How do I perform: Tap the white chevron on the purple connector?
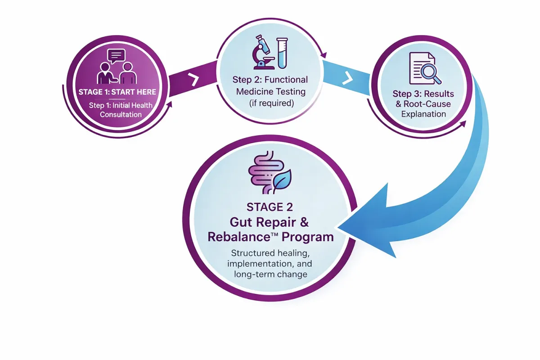point(193,80)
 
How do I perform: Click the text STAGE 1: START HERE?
point(117,92)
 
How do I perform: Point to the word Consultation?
point(121,114)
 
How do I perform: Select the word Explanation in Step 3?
point(423,114)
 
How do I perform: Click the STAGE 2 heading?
point(270,207)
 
